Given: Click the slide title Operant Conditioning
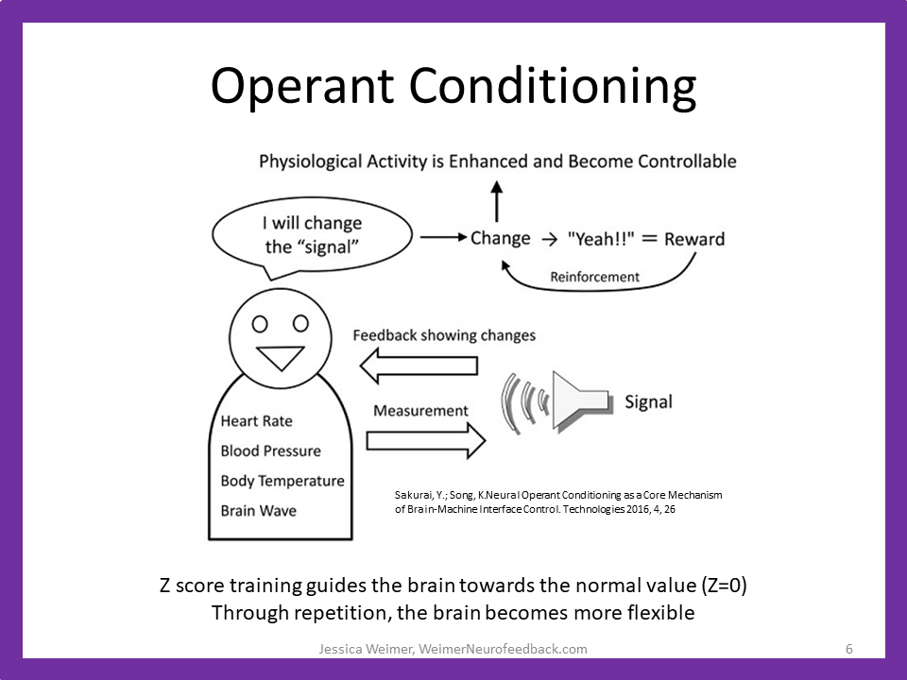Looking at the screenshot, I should point(453,86).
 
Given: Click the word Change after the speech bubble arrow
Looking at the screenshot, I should point(500,238).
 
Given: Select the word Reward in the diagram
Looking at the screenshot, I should point(694,239).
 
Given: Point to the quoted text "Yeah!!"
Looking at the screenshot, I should point(594,239).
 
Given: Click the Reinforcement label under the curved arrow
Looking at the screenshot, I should point(595,277).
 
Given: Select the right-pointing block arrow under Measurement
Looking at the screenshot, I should point(425,439).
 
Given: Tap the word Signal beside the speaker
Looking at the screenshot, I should point(649,402).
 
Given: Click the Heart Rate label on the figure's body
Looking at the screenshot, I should point(256,421).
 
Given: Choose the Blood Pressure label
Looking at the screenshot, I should point(270,451).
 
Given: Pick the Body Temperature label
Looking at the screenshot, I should point(282,481).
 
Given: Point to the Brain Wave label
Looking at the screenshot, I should point(258,511).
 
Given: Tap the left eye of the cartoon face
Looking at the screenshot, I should point(260,324).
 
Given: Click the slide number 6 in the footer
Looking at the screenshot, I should point(849,649).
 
